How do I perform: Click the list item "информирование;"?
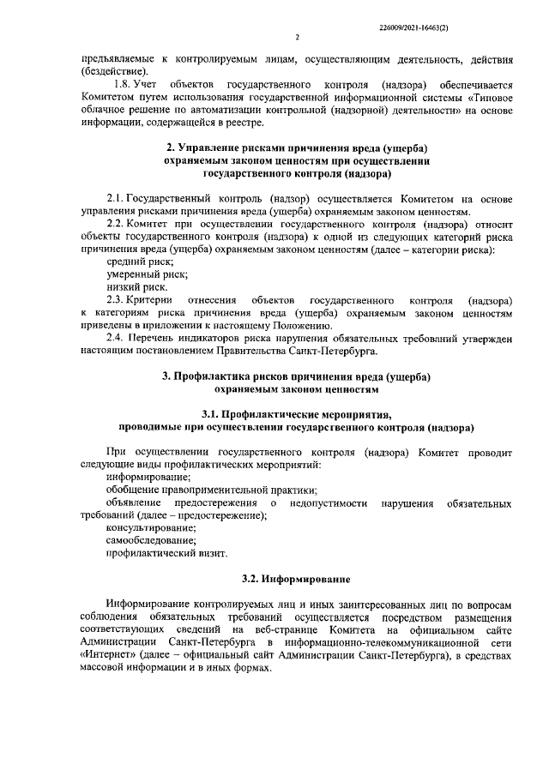pos(148,476)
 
